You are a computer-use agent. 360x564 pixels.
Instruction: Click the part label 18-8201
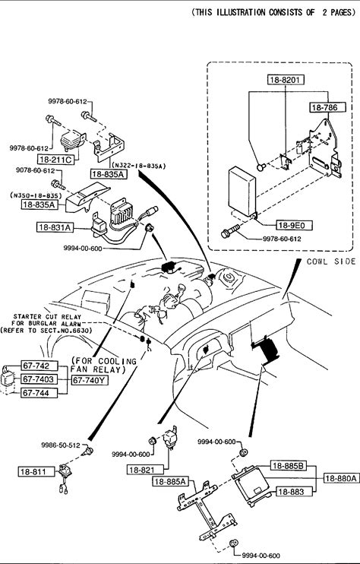[286, 80]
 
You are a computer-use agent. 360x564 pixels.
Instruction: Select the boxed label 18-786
[327, 107]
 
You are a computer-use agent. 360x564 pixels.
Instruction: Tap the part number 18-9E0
[294, 226]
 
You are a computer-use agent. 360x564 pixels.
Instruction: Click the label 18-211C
[55, 160]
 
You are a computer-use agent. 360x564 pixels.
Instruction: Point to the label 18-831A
[55, 227]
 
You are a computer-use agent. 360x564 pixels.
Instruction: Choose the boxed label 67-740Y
[90, 380]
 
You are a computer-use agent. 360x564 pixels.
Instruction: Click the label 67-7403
[39, 379]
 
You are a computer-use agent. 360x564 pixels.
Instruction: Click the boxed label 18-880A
[341, 478]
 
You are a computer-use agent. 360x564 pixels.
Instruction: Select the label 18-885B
[289, 466]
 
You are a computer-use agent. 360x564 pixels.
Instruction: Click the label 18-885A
[171, 481]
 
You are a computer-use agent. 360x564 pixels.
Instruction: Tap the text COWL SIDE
[331, 261]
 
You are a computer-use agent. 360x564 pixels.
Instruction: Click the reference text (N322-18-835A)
[139, 166]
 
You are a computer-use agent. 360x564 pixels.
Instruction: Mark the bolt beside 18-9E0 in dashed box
[230, 230]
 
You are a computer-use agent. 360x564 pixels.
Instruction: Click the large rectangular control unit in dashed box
[242, 191]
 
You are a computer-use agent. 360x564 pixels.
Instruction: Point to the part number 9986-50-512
[60, 445]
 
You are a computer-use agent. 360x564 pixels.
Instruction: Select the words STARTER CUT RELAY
[47, 317]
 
